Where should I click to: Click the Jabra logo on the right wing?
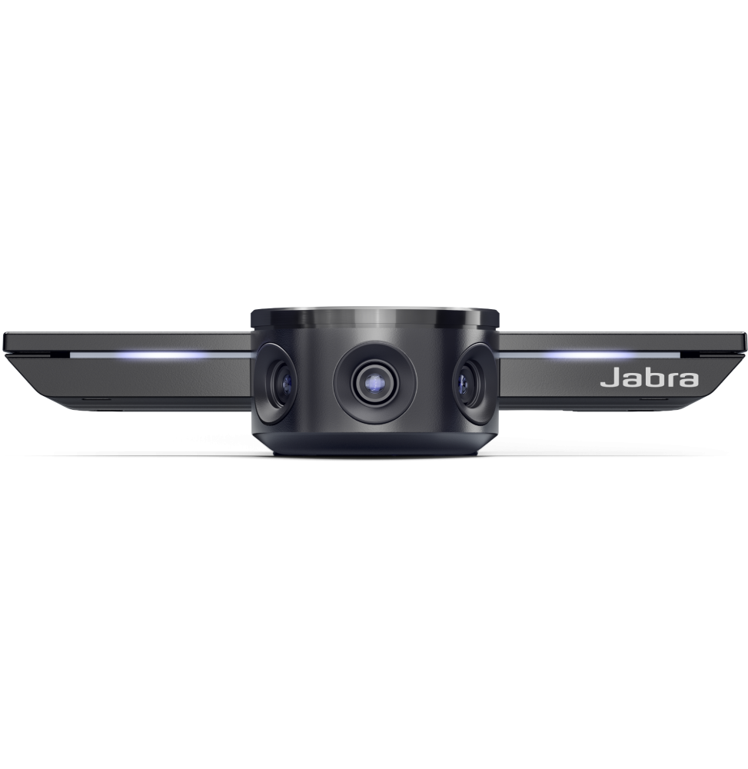tap(649, 378)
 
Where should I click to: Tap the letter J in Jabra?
tap(606, 378)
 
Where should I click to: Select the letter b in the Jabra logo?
tap(642, 377)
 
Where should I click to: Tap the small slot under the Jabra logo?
tap(652, 400)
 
